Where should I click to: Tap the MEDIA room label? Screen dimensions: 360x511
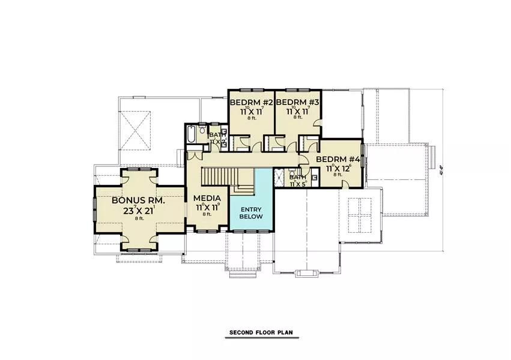207,198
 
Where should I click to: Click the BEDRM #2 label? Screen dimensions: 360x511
252,103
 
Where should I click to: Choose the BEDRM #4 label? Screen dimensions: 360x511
337,159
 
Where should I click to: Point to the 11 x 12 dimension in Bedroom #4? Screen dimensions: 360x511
338,169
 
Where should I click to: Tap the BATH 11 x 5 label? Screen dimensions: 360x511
298,180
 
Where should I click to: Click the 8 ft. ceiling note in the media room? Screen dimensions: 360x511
207,214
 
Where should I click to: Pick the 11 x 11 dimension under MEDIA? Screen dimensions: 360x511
207,207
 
